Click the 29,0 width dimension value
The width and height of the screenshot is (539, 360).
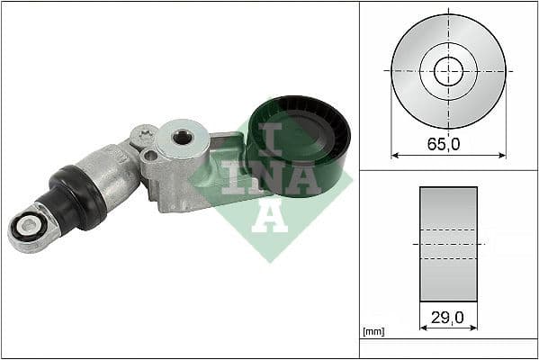(448, 318)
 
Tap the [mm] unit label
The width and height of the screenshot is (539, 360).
(373, 332)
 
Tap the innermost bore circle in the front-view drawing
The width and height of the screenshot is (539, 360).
(448, 70)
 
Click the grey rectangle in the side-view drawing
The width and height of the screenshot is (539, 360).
(448, 244)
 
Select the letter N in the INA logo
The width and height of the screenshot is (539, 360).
(267, 175)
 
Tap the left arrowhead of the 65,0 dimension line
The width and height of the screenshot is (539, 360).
(394, 154)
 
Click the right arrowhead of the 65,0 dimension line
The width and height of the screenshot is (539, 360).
(502, 154)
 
